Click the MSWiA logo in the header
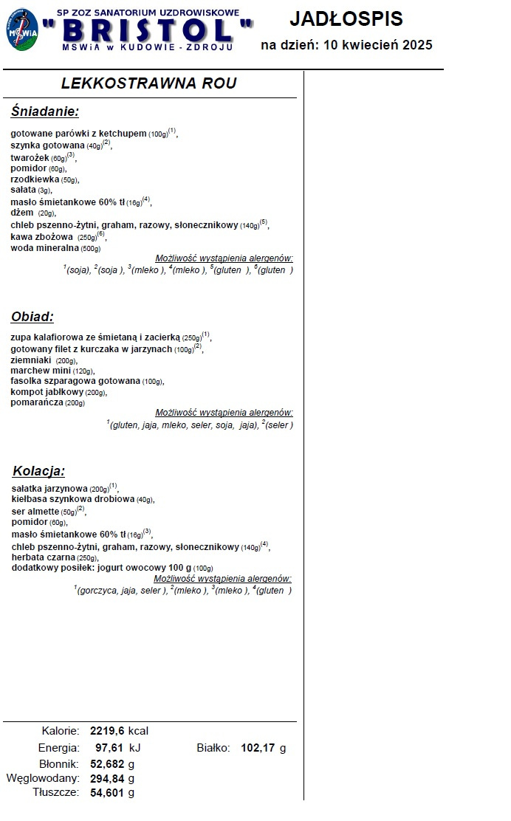click(x=23, y=30)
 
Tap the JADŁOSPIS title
click(x=346, y=18)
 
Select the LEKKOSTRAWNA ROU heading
click(x=149, y=83)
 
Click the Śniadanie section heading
click(x=44, y=111)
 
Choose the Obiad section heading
click(x=32, y=317)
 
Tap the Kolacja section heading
click(x=38, y=471)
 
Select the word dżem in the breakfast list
click(x=21, y=213)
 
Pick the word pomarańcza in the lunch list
click(x=37, y=402)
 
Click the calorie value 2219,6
click(x=108, y=731)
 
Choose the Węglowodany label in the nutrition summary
click(x=43, y=778)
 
